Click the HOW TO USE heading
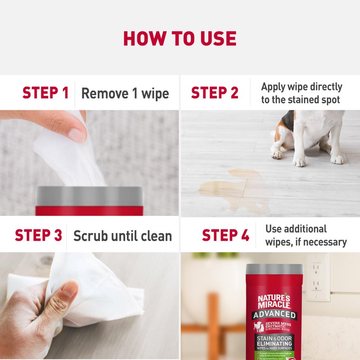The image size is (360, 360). tap(180, 39)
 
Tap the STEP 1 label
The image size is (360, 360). tap(45, 93)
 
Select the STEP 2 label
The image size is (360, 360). tap(215, 93)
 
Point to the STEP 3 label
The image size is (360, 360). tap(38, 235)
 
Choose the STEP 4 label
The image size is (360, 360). tap(225, 235)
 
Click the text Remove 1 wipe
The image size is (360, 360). tap(125, 94)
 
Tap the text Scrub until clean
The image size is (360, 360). tap(123, 236)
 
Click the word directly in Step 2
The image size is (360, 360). tap(321, 87)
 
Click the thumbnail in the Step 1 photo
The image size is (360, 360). tap(77, 135)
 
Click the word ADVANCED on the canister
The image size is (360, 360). tap(274, 315)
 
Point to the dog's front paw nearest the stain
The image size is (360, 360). tap(278, 154)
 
